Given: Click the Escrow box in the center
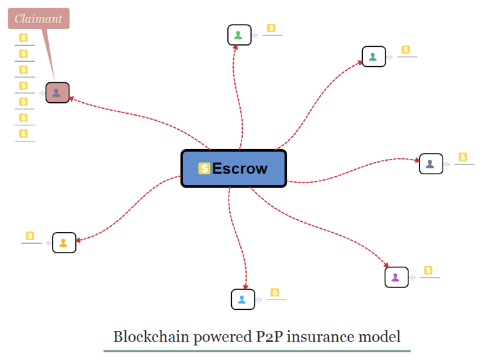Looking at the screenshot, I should pyautogui.click(x=234, y=168).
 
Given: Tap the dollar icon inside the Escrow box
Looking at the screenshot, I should pyautogui.click(x=204, y=168).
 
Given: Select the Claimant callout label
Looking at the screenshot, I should pyautogui.click(x=39, y=18).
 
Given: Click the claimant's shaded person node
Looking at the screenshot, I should pyautogui.click(x=57, y=93).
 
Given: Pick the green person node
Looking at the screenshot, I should pyautogui.click(x=239, y=35).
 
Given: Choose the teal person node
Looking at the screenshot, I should pyautogui.click(x=373, y=57).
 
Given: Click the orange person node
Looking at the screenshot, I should pyautogui.click(x=64, y=242).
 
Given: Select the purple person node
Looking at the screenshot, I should pyautogui.click(x=396, y=277).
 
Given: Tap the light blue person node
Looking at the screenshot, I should pyautogui.click(x=243, y=299).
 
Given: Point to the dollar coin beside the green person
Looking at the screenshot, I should pyautogui.click(x=271, y=28).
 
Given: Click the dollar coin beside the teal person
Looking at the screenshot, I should pyautogui.click(x=405, y=50).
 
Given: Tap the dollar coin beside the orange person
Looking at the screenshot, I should pyautogui.click(x=30, y=236).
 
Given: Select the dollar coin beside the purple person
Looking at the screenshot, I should pyautogui.click(x=428, y=270).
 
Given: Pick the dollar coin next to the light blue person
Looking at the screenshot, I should pyautogui.click(x=275, y=292).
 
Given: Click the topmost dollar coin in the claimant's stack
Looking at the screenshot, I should pyautogui.click(x=23, y=38).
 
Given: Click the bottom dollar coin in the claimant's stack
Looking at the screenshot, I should pyautogui.click(x=23, y=134).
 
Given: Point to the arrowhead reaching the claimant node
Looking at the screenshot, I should pyautogui.click(x=72, y=98).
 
